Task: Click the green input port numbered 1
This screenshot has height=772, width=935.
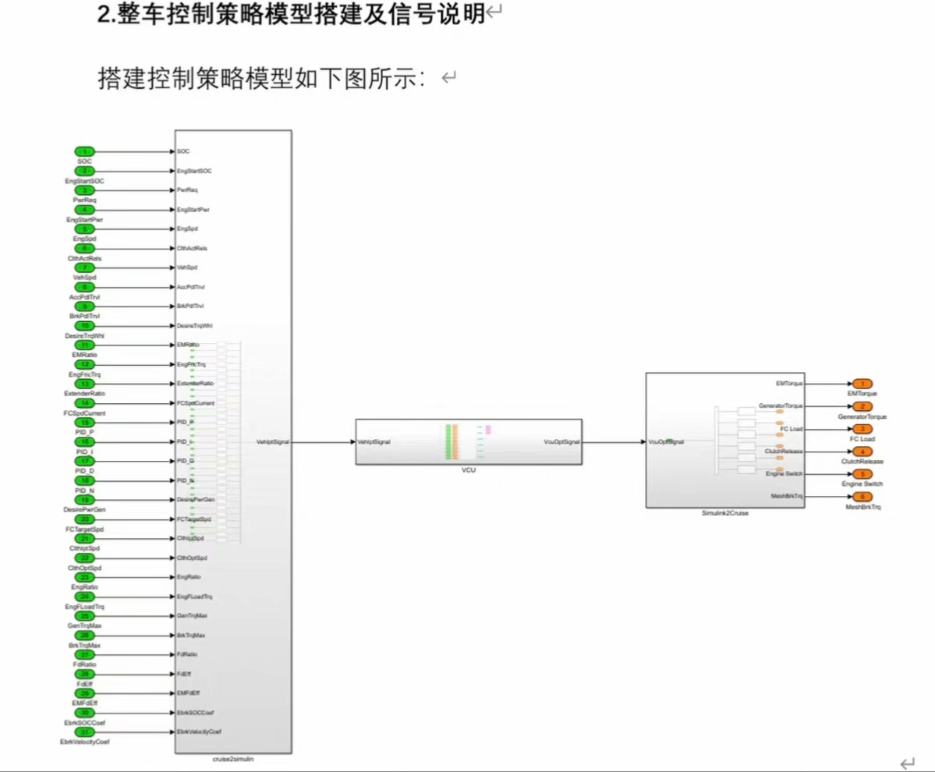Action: pos(86,151)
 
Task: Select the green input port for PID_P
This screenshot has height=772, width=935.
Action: pos(86,422)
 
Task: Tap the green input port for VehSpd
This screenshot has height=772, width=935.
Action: pos(86,267)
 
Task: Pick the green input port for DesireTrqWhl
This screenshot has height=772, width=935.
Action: pos(86,325)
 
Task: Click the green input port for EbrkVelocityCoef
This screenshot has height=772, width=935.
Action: pos(86,731)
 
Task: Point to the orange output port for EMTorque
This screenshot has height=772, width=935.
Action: pos(862,384)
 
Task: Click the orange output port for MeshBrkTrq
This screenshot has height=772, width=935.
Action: pos(862,496)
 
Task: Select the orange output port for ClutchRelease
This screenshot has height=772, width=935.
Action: pos(862,452)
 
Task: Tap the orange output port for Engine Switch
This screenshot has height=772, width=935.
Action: pos(862,473)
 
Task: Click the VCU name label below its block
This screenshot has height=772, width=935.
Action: pos(468,471)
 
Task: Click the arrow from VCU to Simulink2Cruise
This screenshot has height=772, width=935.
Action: pos(613,442)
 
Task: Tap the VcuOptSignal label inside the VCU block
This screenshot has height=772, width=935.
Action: pos(561,442)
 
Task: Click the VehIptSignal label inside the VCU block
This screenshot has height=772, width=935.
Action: pos(374,442)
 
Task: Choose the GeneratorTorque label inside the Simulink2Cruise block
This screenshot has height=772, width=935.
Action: pos(781,406)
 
